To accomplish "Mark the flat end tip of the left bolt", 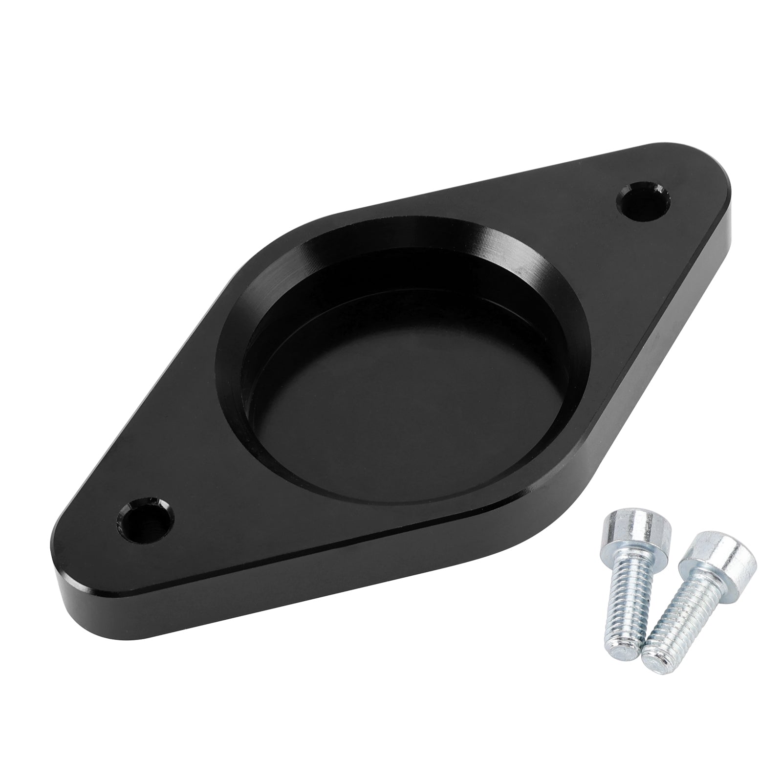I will (617, 622).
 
